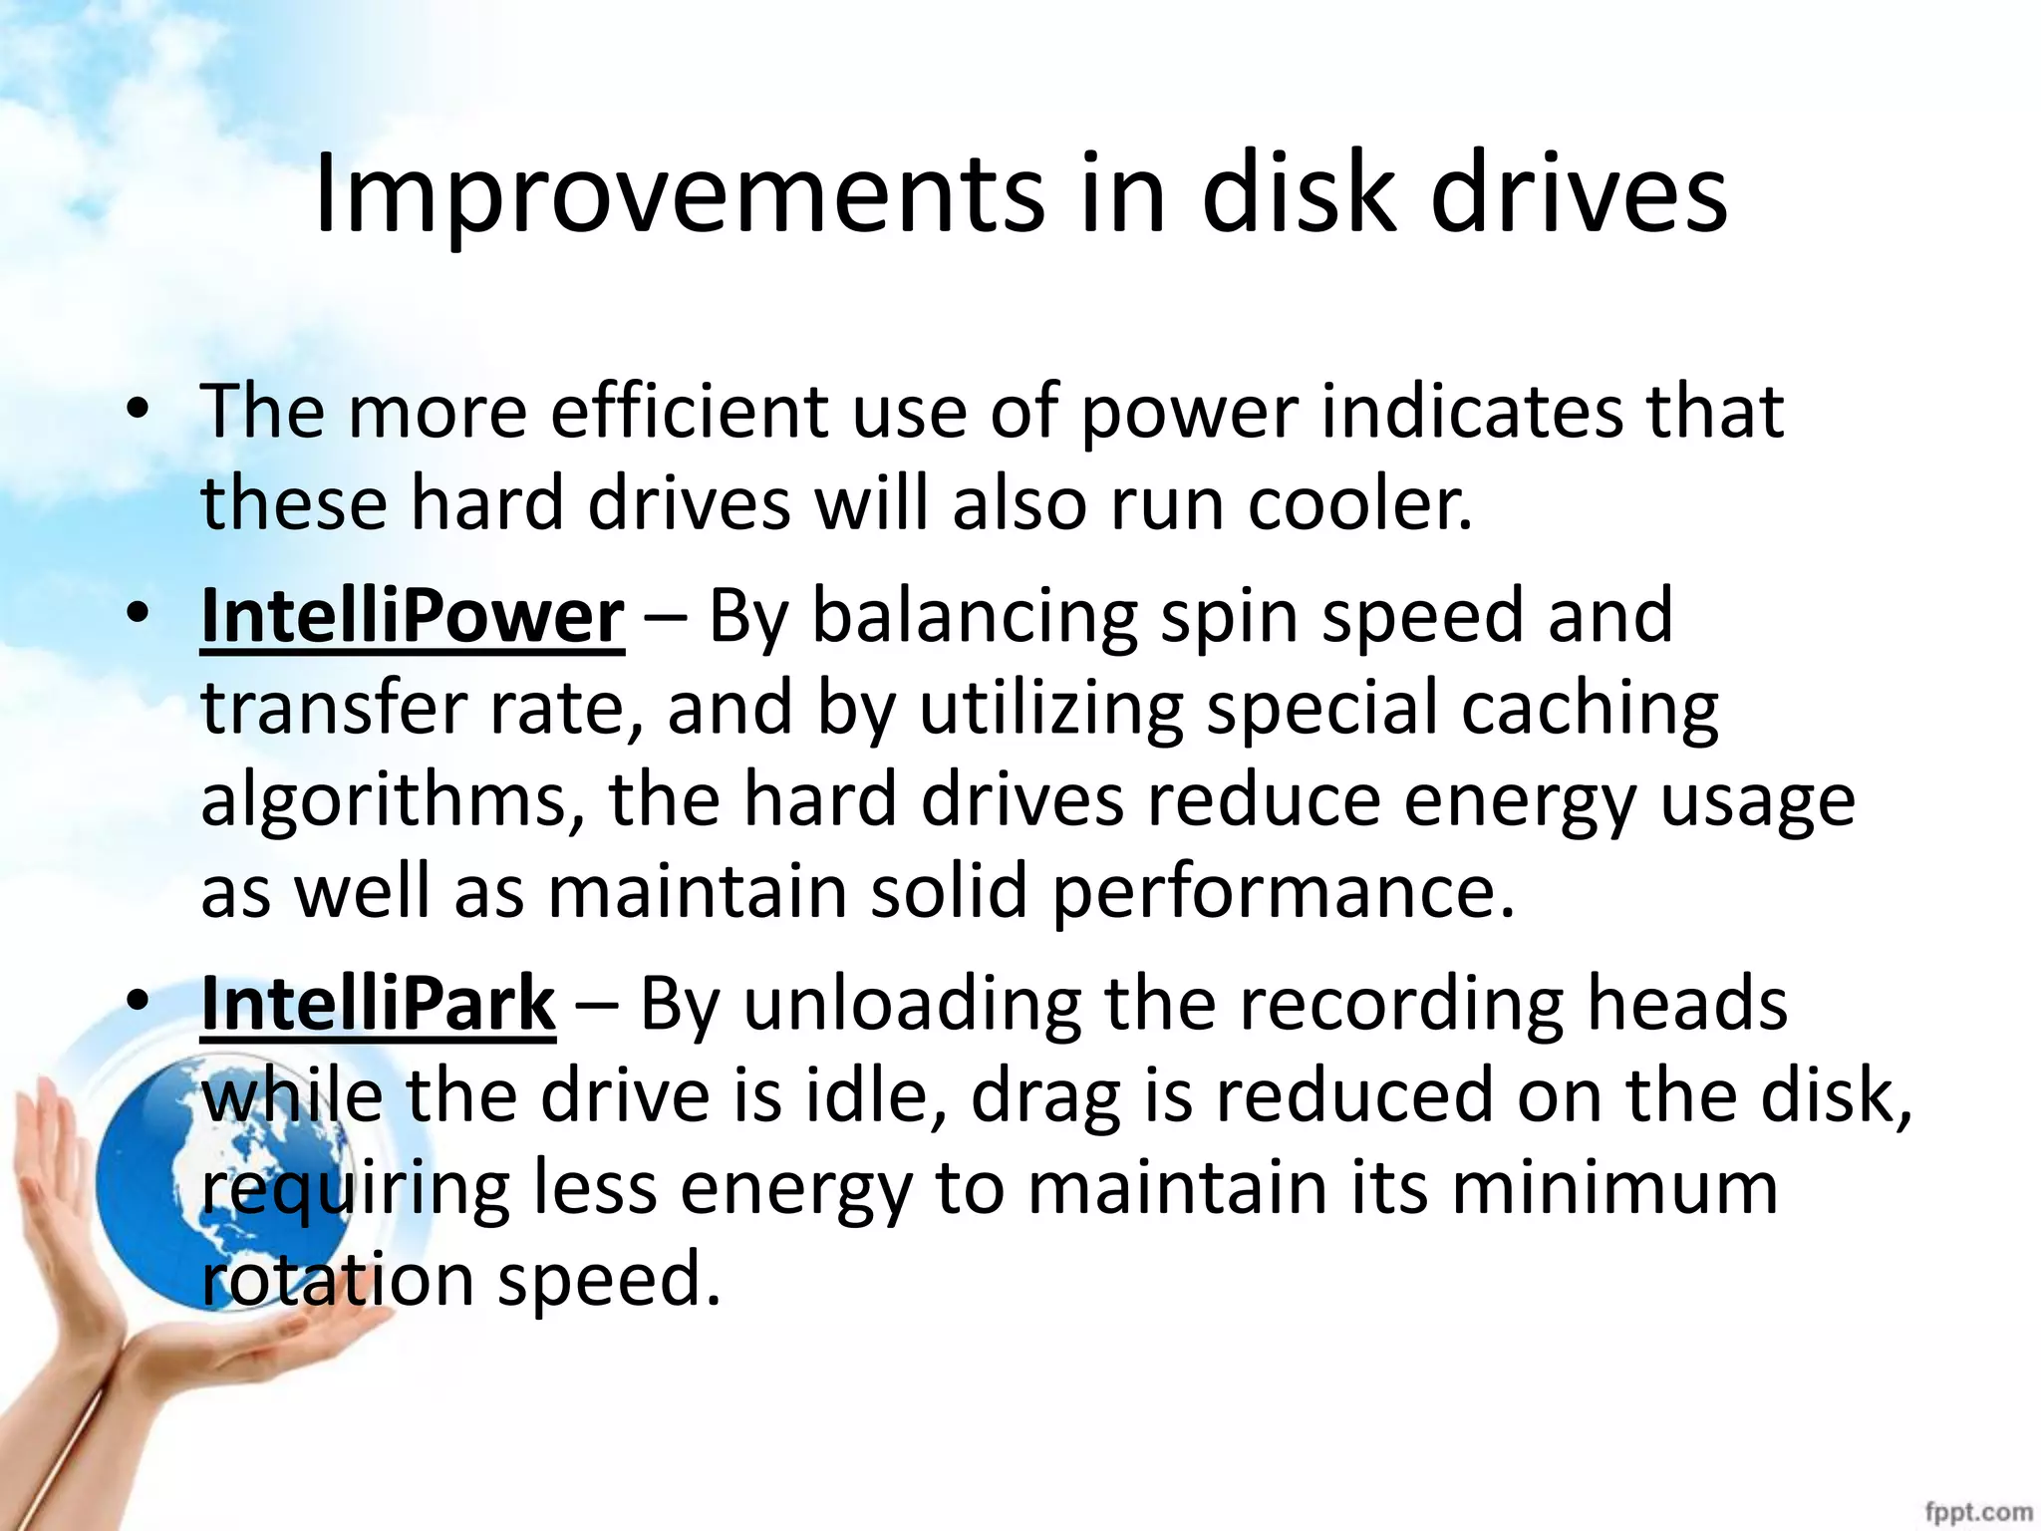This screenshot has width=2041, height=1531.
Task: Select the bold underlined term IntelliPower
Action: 413,617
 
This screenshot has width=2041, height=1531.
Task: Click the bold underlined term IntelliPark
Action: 378,1004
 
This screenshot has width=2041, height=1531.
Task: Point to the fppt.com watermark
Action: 1978,1512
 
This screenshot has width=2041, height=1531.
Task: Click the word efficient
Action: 689,411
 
